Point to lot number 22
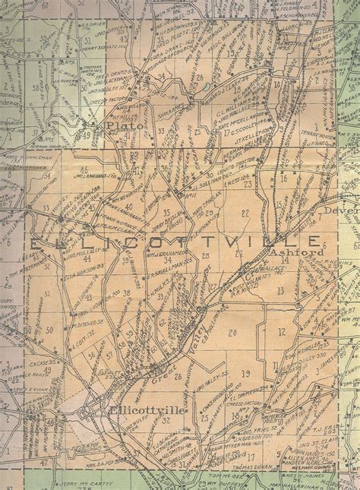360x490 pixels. click(245, 213)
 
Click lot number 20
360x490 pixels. click(232, 332)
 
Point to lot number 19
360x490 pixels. click(245, 373)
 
